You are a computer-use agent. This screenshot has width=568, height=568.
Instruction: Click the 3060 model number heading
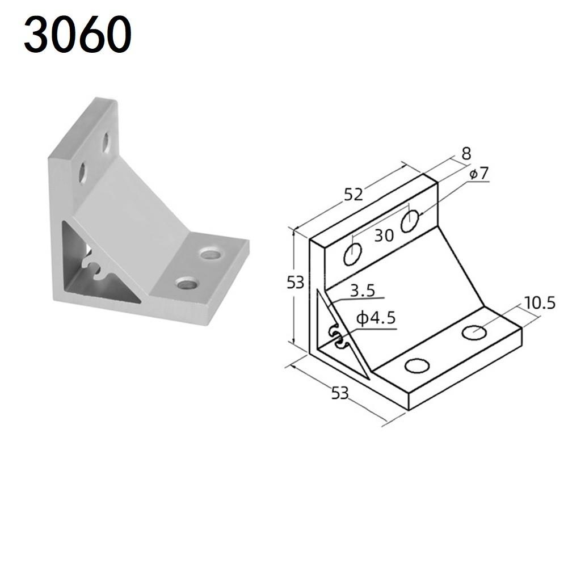tap(77, 35)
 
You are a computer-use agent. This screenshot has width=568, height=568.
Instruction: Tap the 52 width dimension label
tap(353, 195)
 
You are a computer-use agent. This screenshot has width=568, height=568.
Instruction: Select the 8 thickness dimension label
tap(466, 153)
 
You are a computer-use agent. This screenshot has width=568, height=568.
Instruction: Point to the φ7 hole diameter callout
tap(478, 173)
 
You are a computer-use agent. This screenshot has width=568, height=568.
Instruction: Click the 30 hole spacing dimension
tap(384, 235)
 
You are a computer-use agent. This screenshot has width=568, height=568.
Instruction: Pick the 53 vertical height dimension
tap(295, 282)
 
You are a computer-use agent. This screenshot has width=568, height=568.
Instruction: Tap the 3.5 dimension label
tap(362, 291)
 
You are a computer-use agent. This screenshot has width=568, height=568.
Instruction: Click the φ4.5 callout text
tap(375, 318)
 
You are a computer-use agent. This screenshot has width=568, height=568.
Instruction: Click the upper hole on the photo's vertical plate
tap(106, 142)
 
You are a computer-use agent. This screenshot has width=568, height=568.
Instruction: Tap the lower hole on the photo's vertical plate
tap(83, 172)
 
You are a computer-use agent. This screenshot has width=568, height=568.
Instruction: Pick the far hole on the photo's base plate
tap(210, 254)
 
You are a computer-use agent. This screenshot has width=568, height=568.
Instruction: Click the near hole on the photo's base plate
tap(186, 282)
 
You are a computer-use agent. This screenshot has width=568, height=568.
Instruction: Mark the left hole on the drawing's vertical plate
tap(352, 254)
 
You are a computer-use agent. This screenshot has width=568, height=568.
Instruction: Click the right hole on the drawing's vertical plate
tap(410, 221)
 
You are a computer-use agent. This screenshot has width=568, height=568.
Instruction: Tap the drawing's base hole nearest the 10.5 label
tap(474, 332)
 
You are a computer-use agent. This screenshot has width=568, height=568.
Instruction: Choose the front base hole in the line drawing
tap(417, 366)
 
